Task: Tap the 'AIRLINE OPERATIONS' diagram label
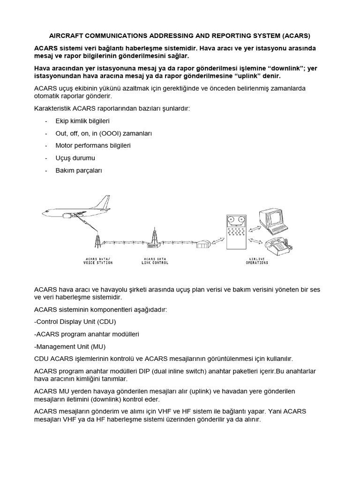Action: click(257, 261)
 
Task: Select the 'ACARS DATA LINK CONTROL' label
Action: click(155, 261)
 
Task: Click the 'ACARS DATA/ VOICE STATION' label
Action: click(98, 261)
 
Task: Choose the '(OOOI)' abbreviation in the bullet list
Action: click(108, 133)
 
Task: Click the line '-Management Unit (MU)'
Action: click(70, 346)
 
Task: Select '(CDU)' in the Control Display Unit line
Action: click(105, 322)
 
